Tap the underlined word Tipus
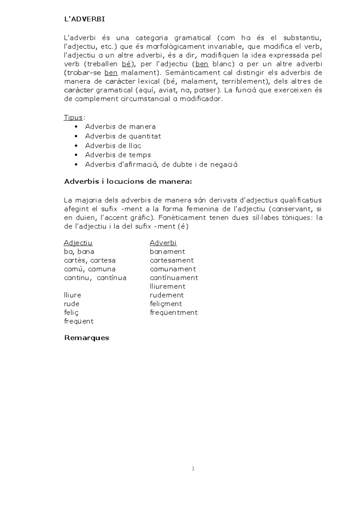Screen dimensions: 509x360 pyautogui.click(x=73, y=117)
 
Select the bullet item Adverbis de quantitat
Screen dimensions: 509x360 pyautogui.click(x=123, y=136)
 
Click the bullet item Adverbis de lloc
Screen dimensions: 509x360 pyautogui.click(x=113, y=146)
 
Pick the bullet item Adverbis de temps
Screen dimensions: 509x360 pyautogui.click(x=118, y=155)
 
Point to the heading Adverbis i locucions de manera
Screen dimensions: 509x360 pyautogui.click(x=128, y=182)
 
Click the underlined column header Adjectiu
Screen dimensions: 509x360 pyautogui.click(x=78, y=243)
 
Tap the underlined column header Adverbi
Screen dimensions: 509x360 pyautogui.click(x=163, y=243)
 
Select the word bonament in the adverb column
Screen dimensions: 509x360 pyautogui.click(x=167, y=252)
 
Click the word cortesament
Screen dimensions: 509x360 pyautogui.click(x=172, y=260)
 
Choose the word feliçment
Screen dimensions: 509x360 pyautogui.click(x=166, y=304)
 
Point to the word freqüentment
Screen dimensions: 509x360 pyautogui.click(x=174, y=313)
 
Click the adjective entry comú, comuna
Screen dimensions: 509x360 pyautogui.click(x=90, y=269)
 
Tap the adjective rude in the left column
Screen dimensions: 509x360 pyautogui.click(x=72, y=304)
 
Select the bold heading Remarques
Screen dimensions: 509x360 pyautogui.click(x=87, y=338)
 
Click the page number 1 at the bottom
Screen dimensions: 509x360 pyautogui.click(x=193, y=469)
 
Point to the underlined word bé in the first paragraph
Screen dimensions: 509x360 pyautogui.click(x=126, y=64)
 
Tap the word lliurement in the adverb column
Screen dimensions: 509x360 pyautogui.click(x=168, y=286)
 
